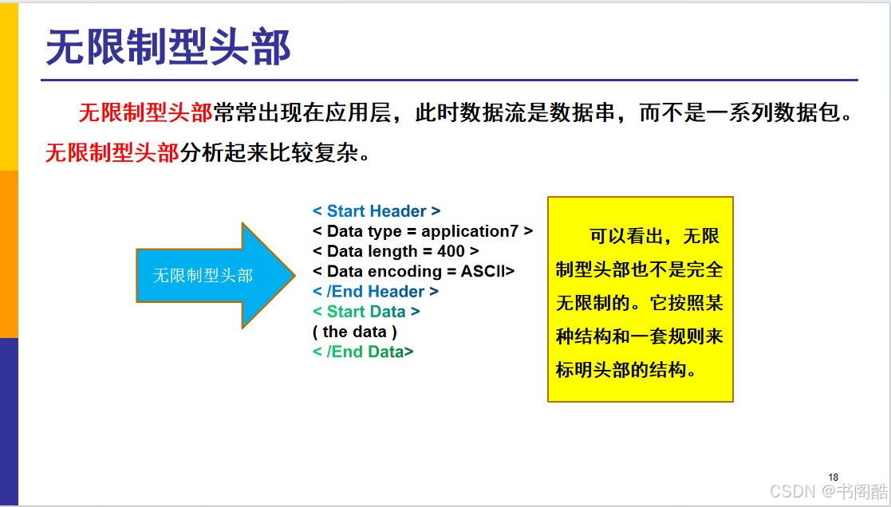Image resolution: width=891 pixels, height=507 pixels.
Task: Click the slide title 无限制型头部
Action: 168,47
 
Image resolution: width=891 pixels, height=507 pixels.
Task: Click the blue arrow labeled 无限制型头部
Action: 215,275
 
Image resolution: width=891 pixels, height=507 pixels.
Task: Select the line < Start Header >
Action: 377,211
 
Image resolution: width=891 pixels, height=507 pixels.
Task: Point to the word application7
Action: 470,232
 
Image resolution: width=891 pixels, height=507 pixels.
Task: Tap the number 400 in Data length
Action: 451,251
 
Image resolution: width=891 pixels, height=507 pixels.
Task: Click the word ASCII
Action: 483,271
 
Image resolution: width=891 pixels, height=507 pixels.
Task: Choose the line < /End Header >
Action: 375,292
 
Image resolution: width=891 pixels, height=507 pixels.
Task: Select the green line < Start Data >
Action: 366,312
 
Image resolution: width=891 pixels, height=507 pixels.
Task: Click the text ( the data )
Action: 355,332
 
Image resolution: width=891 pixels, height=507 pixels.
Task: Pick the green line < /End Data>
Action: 362,352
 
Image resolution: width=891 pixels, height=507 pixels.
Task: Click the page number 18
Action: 833,478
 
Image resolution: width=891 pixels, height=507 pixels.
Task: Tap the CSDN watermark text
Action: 829,490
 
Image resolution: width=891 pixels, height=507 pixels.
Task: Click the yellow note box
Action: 641,299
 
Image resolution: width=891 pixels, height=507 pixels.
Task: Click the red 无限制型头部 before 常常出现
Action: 145,113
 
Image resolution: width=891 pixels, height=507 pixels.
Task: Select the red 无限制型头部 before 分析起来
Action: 112,153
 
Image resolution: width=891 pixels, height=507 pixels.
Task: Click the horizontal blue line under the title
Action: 449,80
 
